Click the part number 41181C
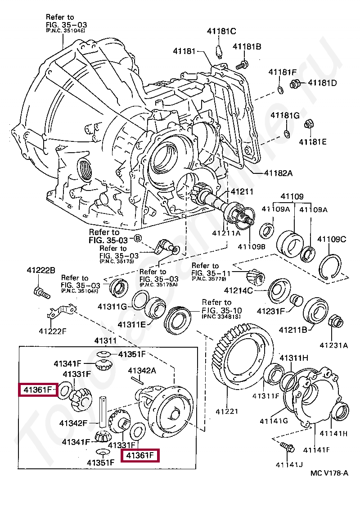pos(221,31)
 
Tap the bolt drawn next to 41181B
pos(242,64)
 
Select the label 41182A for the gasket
pos(278,173)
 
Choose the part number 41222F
pos(53,331)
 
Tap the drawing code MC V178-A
pos(328,472)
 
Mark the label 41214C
pos(238,290)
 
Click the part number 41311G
pos(113,307)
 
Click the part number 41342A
pos(142,371)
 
